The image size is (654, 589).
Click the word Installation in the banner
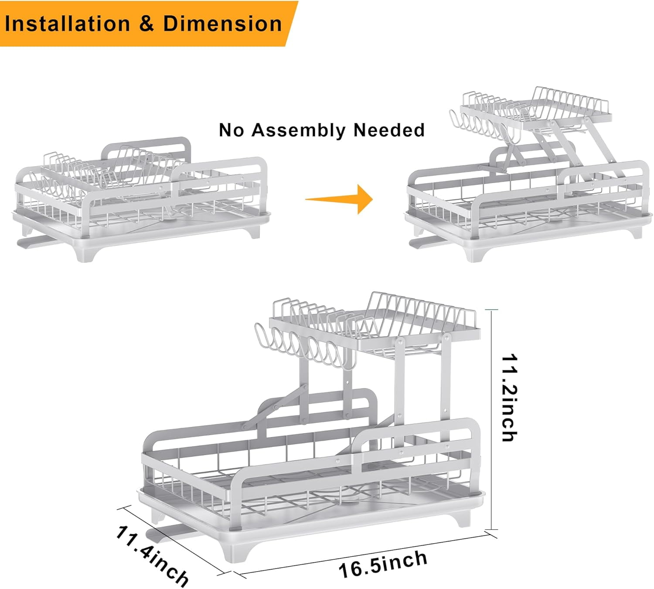coord(68,24)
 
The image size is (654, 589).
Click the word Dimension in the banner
coord(222,24)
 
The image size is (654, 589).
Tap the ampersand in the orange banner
coord(146,24)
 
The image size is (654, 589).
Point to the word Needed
coord(389,130)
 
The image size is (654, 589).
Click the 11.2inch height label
coord(509,398)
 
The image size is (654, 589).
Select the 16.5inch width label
coord(383,564)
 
